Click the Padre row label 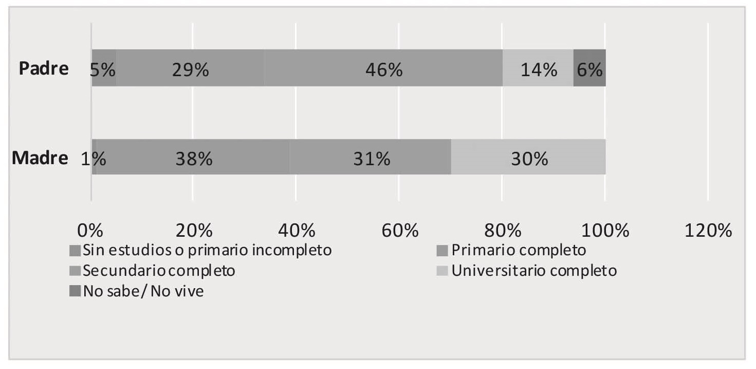[44, 69]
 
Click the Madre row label [40, 158]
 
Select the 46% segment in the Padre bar [383, 68]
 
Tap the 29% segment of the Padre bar [190, 68]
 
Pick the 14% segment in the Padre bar [538, 68]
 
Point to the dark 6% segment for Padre [589, 68]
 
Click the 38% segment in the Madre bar [193, 157]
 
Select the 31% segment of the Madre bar [371, 157]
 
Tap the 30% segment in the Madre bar [528, 157]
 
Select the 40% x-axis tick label [297, 230]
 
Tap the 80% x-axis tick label [502, 230]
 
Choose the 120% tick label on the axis [708, 230]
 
